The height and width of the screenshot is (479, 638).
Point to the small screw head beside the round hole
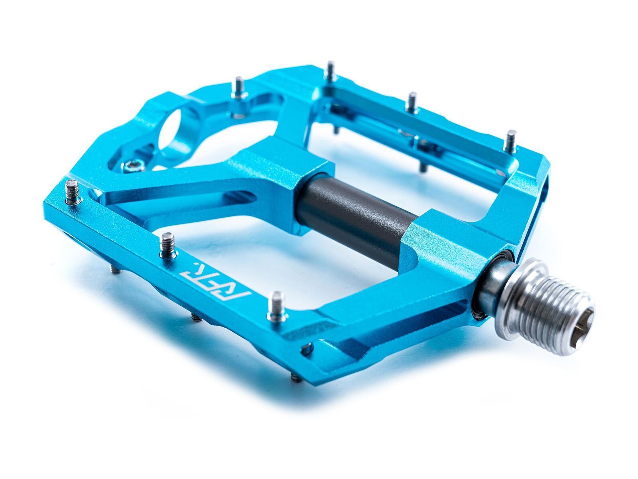133,165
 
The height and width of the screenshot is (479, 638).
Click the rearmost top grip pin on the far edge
330,71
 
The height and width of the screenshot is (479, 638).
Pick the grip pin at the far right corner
511,141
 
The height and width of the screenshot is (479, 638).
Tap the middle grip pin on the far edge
412,101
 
